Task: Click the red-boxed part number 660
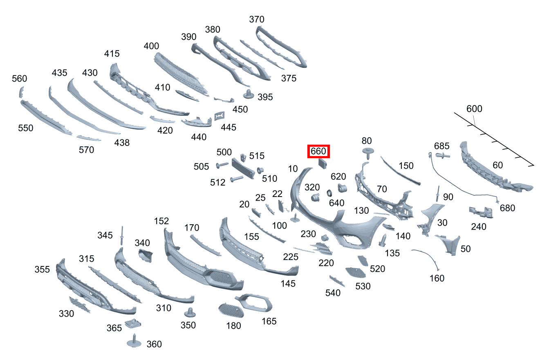[318, 152]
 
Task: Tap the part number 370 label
[257, 19]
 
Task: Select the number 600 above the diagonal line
[474, 109]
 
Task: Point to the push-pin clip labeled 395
[249, 94]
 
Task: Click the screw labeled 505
[222, 165]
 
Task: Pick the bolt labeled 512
[237, 179]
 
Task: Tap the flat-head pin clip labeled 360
[134, 341]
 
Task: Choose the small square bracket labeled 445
[219, 116]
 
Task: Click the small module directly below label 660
[323, 164]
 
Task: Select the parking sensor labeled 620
[343, 188]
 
